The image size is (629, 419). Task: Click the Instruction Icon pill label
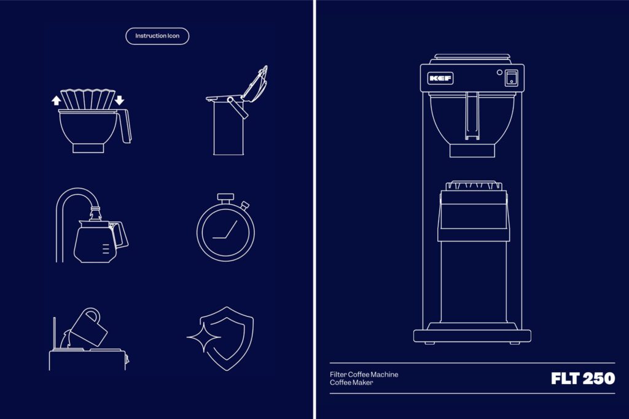pos(157,36)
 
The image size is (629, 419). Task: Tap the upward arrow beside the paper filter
pos(56,100)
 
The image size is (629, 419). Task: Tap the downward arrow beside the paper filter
pos(120,100)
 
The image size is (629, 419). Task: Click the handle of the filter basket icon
pos(125,126)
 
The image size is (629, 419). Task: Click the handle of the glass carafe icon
pos(119,235)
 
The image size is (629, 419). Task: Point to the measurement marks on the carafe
pos(106,249)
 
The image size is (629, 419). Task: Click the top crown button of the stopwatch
pos(225,198)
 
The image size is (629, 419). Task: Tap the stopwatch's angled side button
pos(244,205)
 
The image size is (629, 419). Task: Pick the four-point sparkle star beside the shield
pos(203,337)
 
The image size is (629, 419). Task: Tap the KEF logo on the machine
pos(440,78)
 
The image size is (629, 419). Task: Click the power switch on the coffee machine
pos(511,78)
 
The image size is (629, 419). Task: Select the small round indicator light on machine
pos(499,72)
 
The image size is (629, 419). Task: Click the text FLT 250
pos(583,378)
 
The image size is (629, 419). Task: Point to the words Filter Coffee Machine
pos(364,374)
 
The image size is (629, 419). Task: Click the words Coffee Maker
pos(351,383)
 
